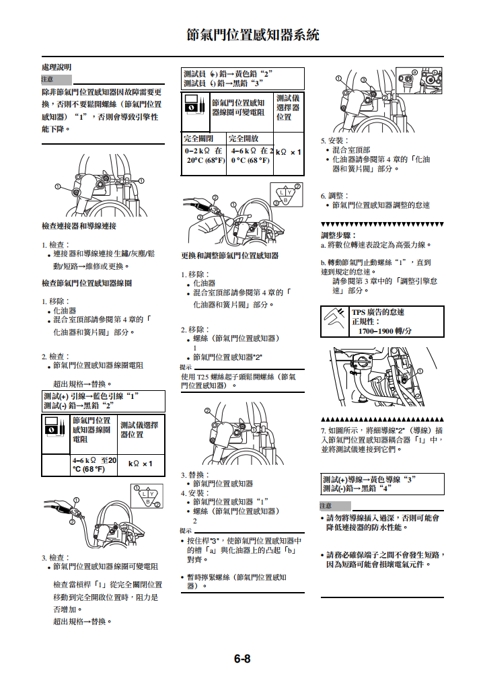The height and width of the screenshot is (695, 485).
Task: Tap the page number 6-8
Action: [242, 659]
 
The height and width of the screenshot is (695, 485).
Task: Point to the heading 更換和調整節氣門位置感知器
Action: [229, 256]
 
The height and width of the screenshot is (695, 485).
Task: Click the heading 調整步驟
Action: [338, 235]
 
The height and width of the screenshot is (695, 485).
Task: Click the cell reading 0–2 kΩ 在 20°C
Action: [204, 156]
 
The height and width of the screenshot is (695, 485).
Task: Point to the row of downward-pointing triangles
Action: [382, 224]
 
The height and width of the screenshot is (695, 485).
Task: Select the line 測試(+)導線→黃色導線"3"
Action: [369, 479]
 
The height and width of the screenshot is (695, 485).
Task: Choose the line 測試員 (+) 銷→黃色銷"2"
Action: [227, 73]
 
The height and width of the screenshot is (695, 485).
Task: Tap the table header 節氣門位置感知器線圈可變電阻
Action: [238, 108]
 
